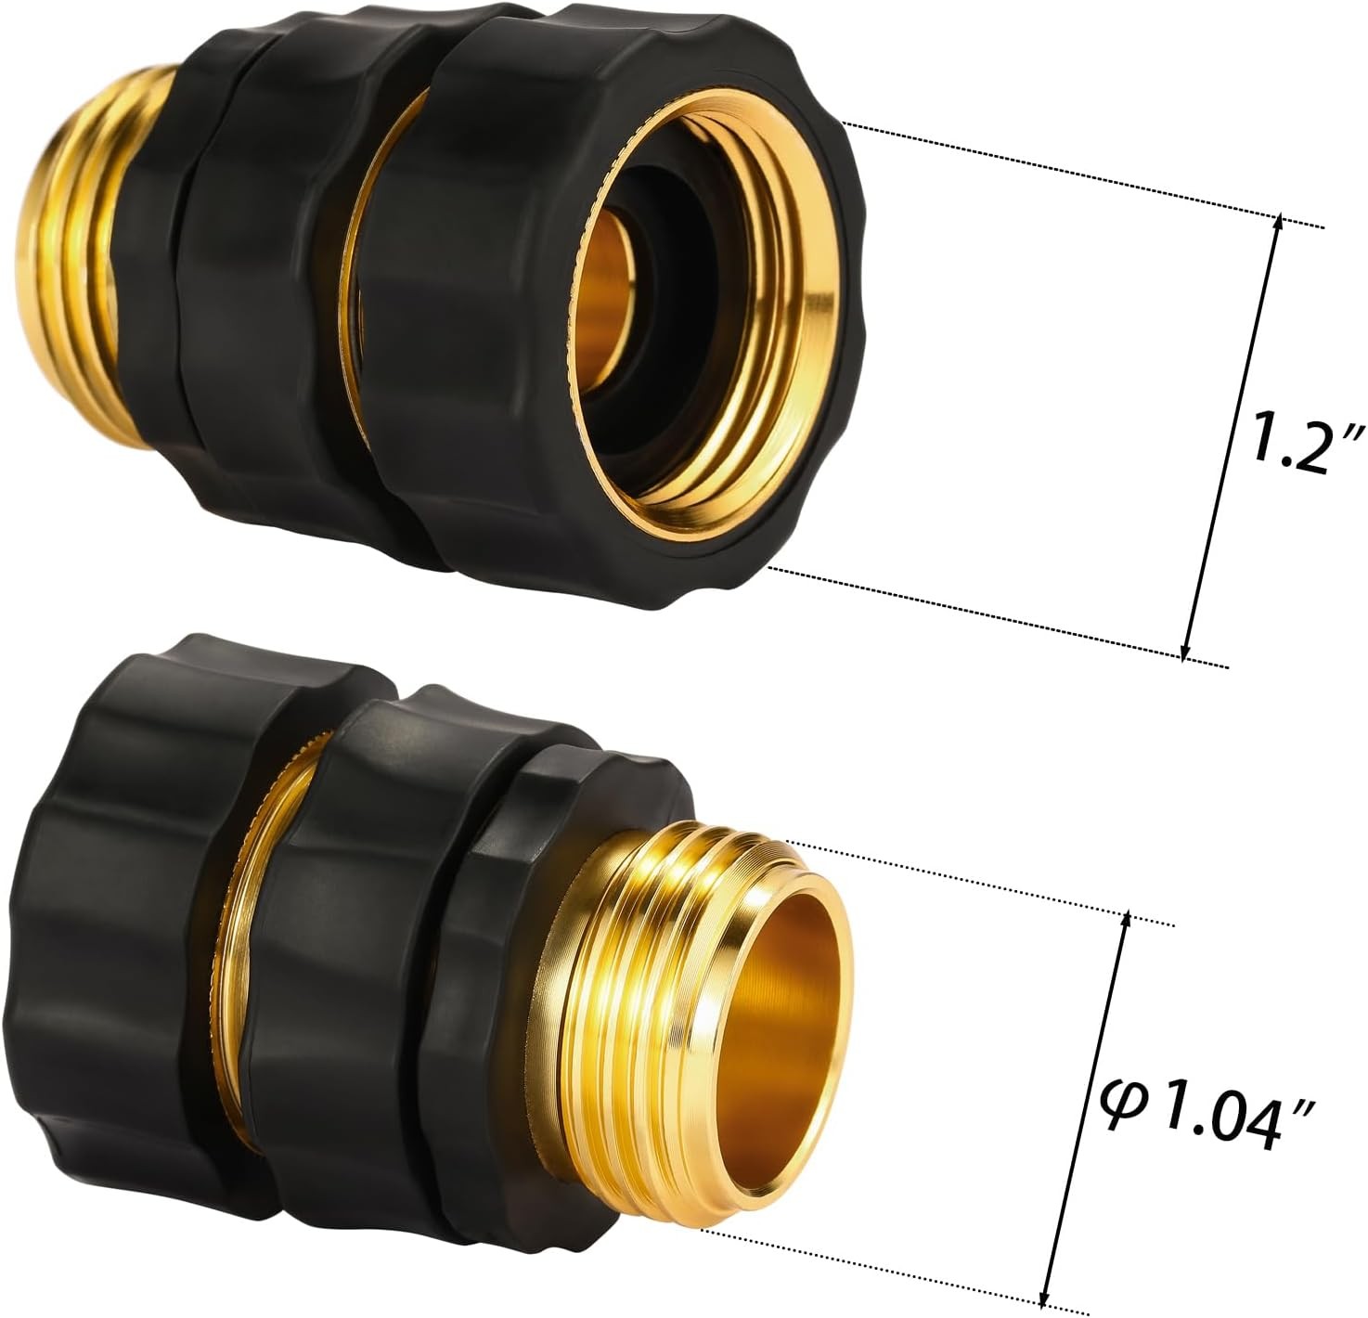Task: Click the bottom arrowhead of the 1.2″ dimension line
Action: [x=1185, y=652]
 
